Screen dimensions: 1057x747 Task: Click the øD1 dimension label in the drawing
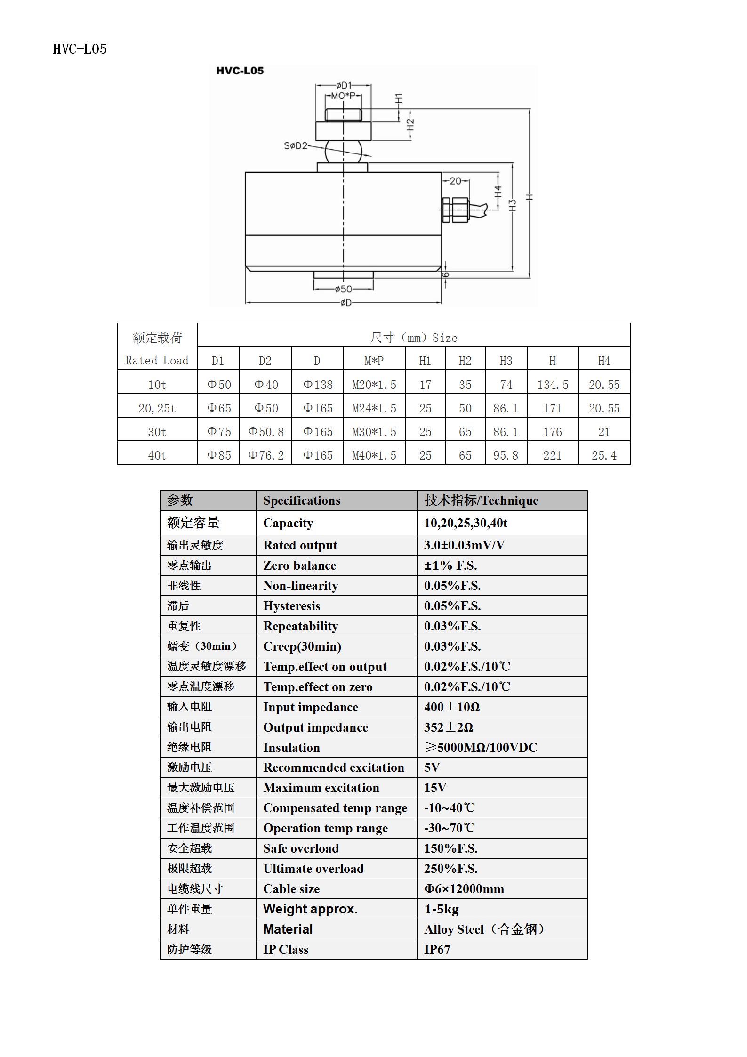click(x=344, y=85)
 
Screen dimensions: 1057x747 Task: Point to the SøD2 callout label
click(x=295, y=146)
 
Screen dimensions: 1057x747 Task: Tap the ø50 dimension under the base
click(x=343, y=289)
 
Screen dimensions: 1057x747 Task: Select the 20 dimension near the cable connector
click(x=455, y=181)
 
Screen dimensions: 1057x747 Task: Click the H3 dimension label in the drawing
click(x=513, y=205)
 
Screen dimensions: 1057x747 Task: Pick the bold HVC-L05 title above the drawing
click(x=240, y=71)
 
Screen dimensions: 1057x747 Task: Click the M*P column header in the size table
click(x=374, y=361)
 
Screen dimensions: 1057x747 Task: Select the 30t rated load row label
click(x=157, y=432)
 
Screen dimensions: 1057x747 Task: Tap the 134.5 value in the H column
click(x=553, y=385)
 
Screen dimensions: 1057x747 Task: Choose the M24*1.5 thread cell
click(x=374, y=408)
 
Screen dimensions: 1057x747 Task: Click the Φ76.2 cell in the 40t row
click(x=265, y=455)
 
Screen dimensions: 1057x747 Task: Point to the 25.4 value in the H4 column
click(x=604, y=455)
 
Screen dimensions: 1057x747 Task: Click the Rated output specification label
click(x=300, y=545)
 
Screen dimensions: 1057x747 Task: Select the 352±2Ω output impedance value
click(x=448, y=727)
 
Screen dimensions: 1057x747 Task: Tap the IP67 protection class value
click(x=437, y=949)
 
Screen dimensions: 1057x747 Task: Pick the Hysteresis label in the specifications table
click(x=291, y=606)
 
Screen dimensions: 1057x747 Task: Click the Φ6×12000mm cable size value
click(x=464, y=889)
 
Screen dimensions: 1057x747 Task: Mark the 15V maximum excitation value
click(x=435, y=788)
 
